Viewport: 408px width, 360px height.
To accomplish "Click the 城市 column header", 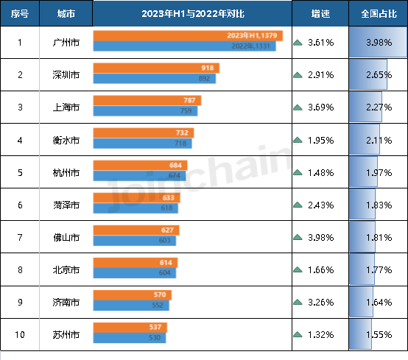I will click(66, 13).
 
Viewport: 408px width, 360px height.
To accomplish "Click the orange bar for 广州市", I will click(198, 36).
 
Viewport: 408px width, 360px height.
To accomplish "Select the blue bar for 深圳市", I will click(155, 78).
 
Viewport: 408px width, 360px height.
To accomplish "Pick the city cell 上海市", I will click(66, 107).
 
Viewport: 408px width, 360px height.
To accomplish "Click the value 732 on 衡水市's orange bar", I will click(183, 133).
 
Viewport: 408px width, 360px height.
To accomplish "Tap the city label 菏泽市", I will click(66, 205).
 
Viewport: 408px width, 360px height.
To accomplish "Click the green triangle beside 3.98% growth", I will click(298, 237).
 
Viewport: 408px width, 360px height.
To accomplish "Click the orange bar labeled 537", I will click(130, 327).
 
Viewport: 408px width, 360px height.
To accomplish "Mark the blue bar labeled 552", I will click(131, 304).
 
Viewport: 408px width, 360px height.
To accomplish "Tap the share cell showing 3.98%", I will click(378, 43).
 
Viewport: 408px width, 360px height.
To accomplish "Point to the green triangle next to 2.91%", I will click(298, 75).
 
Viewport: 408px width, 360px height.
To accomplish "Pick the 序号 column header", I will click(20, 13).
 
